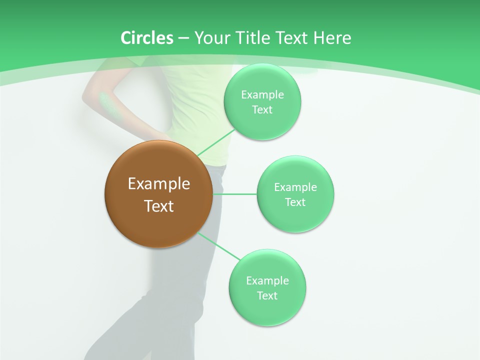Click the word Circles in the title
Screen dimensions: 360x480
click(x=146, y=38)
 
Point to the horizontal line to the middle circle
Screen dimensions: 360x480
click(x=235, y=194)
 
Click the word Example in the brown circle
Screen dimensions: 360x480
click(x=158, y=184)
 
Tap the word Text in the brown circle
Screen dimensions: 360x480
click(x=158, y=206)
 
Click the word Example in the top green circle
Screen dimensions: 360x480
click(x=262, y=95)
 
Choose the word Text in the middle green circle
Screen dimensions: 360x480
click(x=295, y=202)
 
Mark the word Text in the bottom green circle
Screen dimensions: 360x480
click(x=267, y=295)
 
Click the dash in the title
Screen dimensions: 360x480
click(x=183, y=38)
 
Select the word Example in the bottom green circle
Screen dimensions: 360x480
click(x=267, y=280)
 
